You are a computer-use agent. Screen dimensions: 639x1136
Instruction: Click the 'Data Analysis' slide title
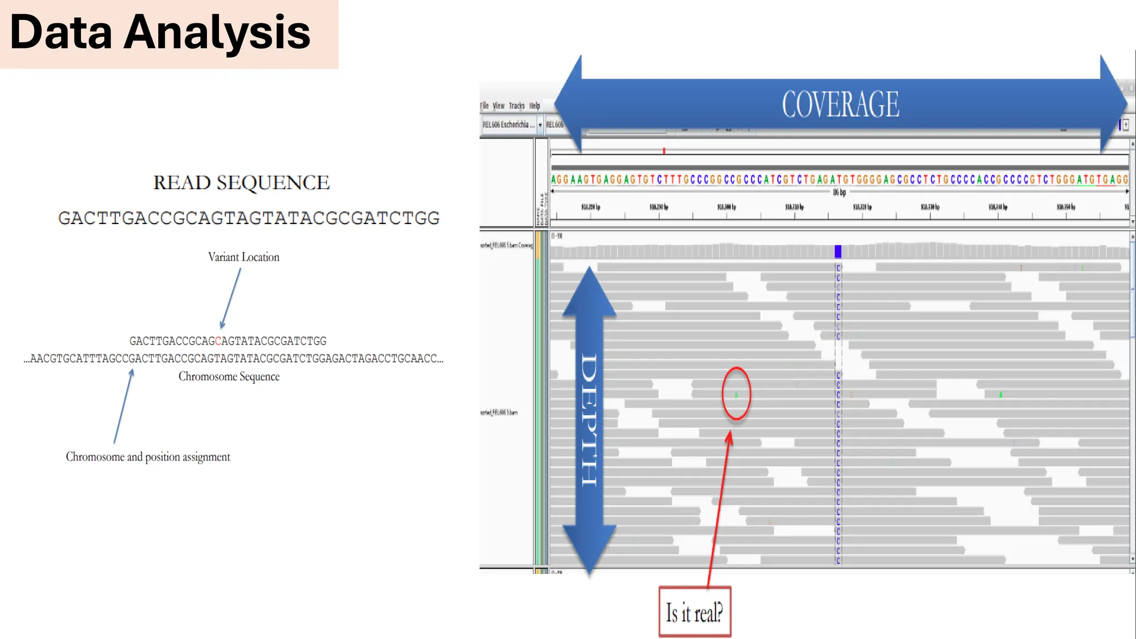tap(160, 33)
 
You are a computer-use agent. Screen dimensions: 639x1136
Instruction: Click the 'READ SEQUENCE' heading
tap(241, 182)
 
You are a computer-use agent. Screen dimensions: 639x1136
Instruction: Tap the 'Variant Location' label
tap(244, 257)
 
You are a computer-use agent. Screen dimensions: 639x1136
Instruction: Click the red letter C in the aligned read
tap(218, 341)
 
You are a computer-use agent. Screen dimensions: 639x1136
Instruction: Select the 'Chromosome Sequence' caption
tap(229, 377)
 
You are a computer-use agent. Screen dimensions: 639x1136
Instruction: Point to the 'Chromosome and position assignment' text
tap(148, 457)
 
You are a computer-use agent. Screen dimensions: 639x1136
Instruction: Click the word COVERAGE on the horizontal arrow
tap(840, 104)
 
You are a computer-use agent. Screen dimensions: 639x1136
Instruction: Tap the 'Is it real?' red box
tap(694, 612)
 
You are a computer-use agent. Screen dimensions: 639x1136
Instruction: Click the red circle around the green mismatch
tap(736, 393)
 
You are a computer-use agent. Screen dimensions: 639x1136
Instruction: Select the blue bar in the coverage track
tap(838, 251)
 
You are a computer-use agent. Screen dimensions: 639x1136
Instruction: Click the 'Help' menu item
tap(534, 106)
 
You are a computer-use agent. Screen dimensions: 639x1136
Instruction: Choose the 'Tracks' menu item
tap(516, 106)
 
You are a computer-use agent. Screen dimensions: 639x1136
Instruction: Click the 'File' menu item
tap(484, 106)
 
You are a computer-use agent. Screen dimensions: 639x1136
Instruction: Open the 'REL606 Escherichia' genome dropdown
tap(540, 125)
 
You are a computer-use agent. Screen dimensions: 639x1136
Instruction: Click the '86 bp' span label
tap(839, 192)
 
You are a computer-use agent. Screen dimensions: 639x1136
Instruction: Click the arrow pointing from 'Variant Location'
tap(231, 298)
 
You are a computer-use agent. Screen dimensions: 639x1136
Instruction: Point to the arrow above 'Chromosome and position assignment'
tap(123, 407)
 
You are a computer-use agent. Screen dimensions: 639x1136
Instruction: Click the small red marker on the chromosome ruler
tap(663, 150)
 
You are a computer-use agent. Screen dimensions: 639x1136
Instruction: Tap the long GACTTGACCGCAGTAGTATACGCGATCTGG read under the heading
tap(248, 218)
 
